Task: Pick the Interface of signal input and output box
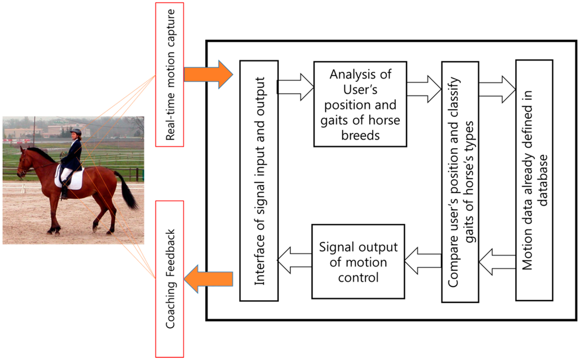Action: tap(258, 180)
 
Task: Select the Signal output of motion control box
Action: tap(358, 262)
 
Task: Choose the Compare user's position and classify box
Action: tap(460, 181)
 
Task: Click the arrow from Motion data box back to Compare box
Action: tap(497, 262)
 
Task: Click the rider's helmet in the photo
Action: tap(76, 132)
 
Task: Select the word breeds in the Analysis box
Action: tap(360, 136)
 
